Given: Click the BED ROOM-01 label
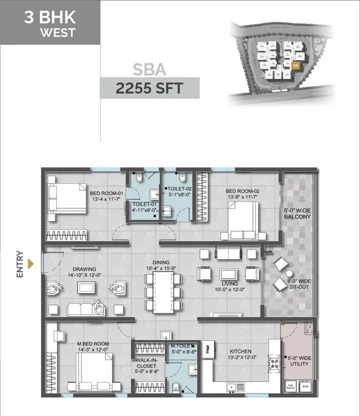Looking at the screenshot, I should pyautogui.click(x=106, y=193).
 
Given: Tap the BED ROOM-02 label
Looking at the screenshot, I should pyautogui.click(x=242, y=191).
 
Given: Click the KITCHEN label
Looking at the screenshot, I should pyautogui.click(x=241, y=352).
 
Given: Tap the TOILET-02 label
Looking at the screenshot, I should pyautogui.click(x=178, y=189).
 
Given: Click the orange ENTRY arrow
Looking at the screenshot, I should pyautogui.click(x=30, y=264).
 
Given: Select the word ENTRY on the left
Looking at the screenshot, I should pyautogui.click(x=19, y=263).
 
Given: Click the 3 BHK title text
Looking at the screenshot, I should pyautogui.click(x=49, y=18).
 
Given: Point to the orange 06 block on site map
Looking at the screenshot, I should pyautogui.click(x=296, y=65).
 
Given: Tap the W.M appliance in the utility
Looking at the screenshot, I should pyautogui.click(x=305, y=387).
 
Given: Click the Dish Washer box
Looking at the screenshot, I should pyautogui.click(x=290, y=386).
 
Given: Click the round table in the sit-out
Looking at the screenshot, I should pyautogui.click(x=288, y=273).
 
